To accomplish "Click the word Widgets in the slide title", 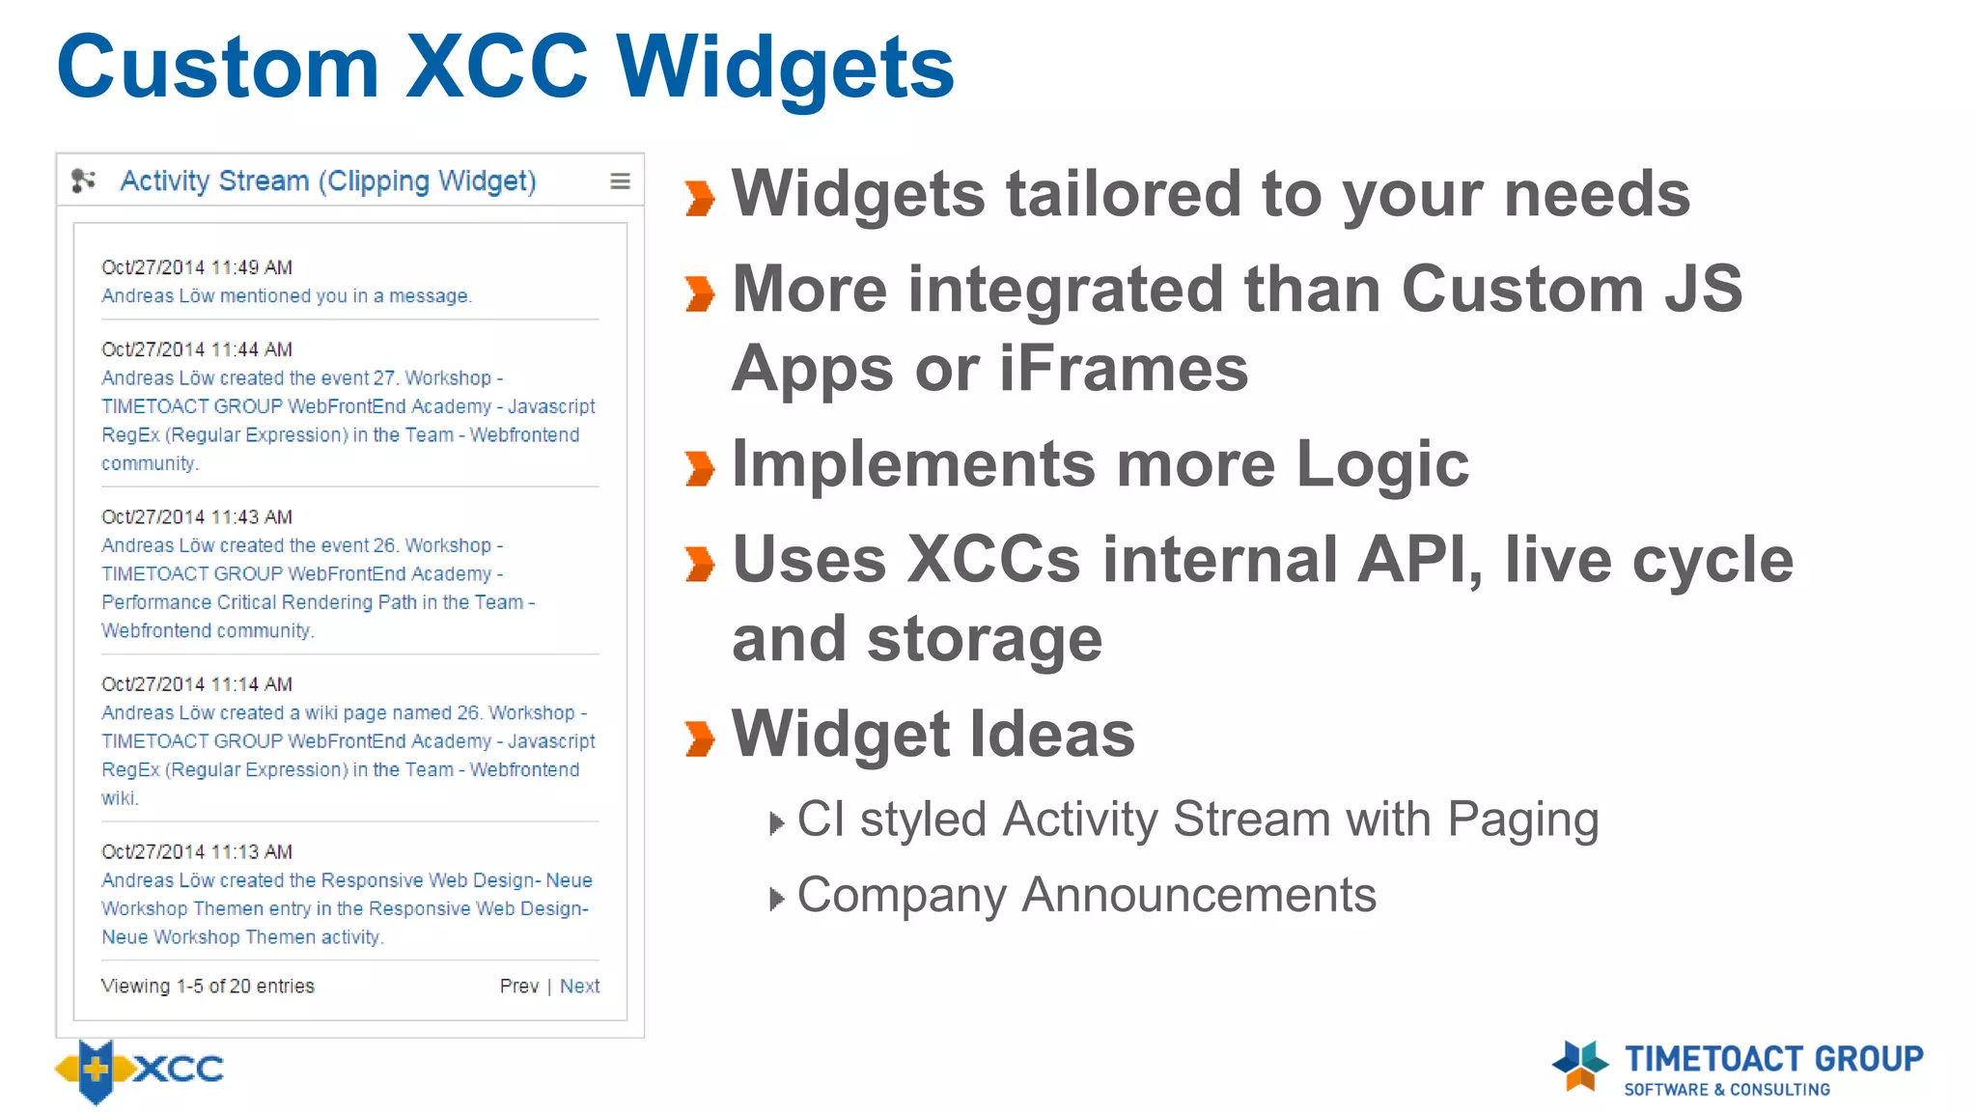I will coord(784,68).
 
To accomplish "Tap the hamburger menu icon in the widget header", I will coord(620,181).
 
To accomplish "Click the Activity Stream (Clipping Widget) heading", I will coord(327,181).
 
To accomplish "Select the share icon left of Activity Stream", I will coord(84,181).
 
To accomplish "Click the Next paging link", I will coord(579,986).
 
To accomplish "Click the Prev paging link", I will coord(518,986).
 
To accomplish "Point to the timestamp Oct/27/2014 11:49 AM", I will coord(197,267).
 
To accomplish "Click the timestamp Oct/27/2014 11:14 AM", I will coord(197,684).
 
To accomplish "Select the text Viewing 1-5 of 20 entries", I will coord(208,986).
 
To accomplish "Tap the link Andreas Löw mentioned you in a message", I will coord(287,296).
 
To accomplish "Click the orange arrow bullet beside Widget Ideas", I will coord(700,738).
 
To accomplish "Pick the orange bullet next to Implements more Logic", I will coord(700,468).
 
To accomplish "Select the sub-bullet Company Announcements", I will coord(1086,895).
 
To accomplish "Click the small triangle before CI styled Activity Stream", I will coord(776,823).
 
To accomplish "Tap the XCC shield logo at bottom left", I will coord(96,1070).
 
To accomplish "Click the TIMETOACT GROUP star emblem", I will coord(1580,1065).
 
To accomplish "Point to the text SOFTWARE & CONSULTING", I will coord(1726,1090).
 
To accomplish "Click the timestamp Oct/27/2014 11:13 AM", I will coord(197,852).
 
